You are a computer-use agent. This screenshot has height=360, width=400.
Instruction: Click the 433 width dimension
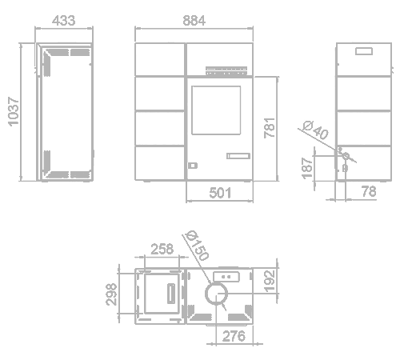(x=64, y=21)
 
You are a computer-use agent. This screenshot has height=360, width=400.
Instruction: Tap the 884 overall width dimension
(x=194, y=21)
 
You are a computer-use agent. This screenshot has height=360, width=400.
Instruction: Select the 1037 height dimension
(x=14, y=111)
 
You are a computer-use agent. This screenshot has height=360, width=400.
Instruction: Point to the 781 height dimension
(x=270, y=128)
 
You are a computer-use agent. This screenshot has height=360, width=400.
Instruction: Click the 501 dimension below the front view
(x=220, y=193)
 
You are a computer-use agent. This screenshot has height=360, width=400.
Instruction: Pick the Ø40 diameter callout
(x=316, y=130)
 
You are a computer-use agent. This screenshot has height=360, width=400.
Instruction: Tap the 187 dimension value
(x=307, y=168)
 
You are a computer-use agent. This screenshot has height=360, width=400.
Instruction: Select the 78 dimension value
(x=369, y=191)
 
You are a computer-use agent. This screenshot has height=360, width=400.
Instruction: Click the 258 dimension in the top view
(x=162, y=249)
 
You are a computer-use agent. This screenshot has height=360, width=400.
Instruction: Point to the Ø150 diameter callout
(x=198, y=245)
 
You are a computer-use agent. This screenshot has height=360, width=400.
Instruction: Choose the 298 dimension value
(x=111, y=294)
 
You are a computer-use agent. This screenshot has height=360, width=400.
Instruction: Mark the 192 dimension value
(x=269, y=281)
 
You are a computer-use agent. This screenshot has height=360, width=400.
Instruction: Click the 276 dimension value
(x=234, y=336)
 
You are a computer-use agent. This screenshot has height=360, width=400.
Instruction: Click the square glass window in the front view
(x=216, y=110)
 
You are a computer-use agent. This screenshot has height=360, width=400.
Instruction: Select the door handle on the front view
(x=238, y=156)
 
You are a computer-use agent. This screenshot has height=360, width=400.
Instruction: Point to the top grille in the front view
(x=226, y=71)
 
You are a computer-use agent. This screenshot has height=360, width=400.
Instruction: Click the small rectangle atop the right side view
(x=364, y=51)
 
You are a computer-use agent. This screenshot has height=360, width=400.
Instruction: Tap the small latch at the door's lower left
(x=193, y=166)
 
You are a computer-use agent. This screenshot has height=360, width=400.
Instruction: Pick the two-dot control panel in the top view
(x=226, y=277)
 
